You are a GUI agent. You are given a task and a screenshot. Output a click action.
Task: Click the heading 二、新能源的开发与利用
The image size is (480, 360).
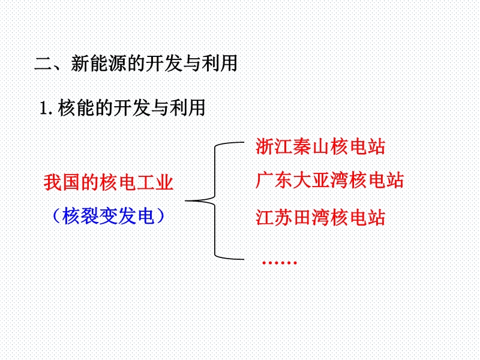point(136,64)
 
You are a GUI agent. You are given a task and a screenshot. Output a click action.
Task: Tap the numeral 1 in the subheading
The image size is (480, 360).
point(44,108)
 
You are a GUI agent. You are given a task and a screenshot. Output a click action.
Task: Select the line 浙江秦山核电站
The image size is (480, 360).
point(320,146)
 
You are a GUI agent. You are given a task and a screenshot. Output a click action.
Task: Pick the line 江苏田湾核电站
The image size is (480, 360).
point(320,218)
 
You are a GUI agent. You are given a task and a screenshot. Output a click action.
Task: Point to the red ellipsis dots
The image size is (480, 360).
point(280,263)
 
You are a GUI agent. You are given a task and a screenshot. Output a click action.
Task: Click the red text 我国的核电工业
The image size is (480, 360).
point(109,182)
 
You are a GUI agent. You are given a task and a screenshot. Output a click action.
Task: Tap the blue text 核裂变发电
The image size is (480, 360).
point(108,215)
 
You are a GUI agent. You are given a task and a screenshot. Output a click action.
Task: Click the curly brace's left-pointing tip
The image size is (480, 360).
point(185,201)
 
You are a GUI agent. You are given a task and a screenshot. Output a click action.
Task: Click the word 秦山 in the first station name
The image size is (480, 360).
point(311,146)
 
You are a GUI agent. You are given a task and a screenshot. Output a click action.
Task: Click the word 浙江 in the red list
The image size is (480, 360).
point(274,146)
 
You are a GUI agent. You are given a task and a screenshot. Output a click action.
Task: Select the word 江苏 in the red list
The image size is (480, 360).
point(274,218)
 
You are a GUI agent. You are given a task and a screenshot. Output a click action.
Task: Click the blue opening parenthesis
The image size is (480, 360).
point(56,216)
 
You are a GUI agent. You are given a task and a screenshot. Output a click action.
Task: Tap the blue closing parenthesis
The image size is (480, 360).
point(160,216)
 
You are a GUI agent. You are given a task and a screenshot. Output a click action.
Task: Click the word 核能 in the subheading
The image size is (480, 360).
point(76,108)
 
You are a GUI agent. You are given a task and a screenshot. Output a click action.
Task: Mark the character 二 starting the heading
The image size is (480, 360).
point(43,64)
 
